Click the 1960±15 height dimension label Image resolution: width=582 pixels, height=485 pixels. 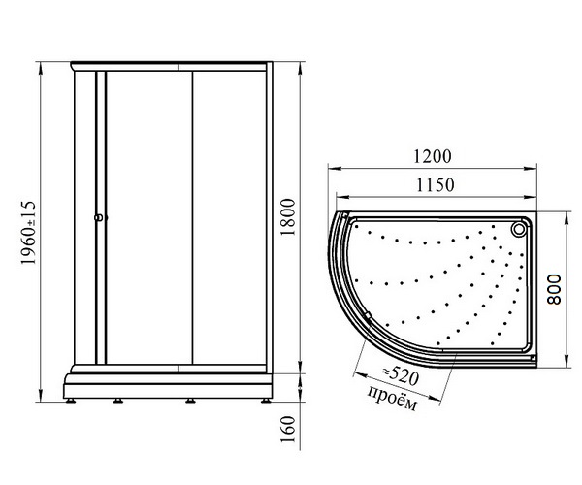(x=28, y=233)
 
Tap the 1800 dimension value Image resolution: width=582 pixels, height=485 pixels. (x=288, y=217)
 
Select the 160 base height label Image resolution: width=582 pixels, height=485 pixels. (x=288, y=430)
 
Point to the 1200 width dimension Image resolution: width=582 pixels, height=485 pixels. (x=433, y=156)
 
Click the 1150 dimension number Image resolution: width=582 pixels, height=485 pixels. (x=435, y=185)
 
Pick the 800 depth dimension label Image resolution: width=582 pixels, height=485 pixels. (x=555, y=290)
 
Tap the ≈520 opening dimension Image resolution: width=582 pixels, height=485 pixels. (x=400, y=376)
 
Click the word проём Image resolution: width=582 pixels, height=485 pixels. (x=392, y=398)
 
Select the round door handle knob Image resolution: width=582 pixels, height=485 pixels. (x=99, y=218)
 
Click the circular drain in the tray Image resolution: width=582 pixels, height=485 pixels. (x=518, y=229)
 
